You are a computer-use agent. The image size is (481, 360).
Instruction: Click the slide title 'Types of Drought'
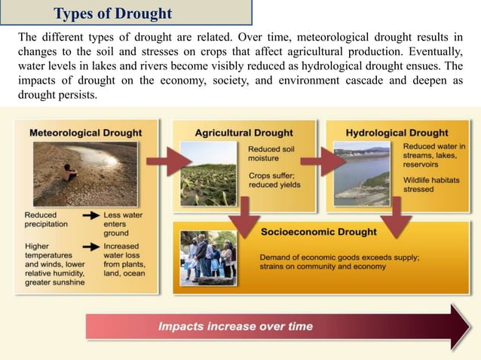[113, 14]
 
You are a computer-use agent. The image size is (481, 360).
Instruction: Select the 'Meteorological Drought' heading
[85, 133]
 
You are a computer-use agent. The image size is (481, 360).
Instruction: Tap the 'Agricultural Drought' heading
[244, 133]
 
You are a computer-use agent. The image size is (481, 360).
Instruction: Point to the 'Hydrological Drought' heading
[397, 133]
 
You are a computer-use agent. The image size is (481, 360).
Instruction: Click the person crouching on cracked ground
[70, 173]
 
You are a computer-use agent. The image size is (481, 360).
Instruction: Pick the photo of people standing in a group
[209, 258]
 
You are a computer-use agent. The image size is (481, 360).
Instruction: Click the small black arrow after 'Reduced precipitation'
[91, 215]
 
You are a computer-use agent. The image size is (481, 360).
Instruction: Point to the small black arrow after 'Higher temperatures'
[91, 246]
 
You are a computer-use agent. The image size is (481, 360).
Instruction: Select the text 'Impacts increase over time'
[235, 327]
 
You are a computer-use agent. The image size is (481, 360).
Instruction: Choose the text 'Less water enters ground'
[122, 224]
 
